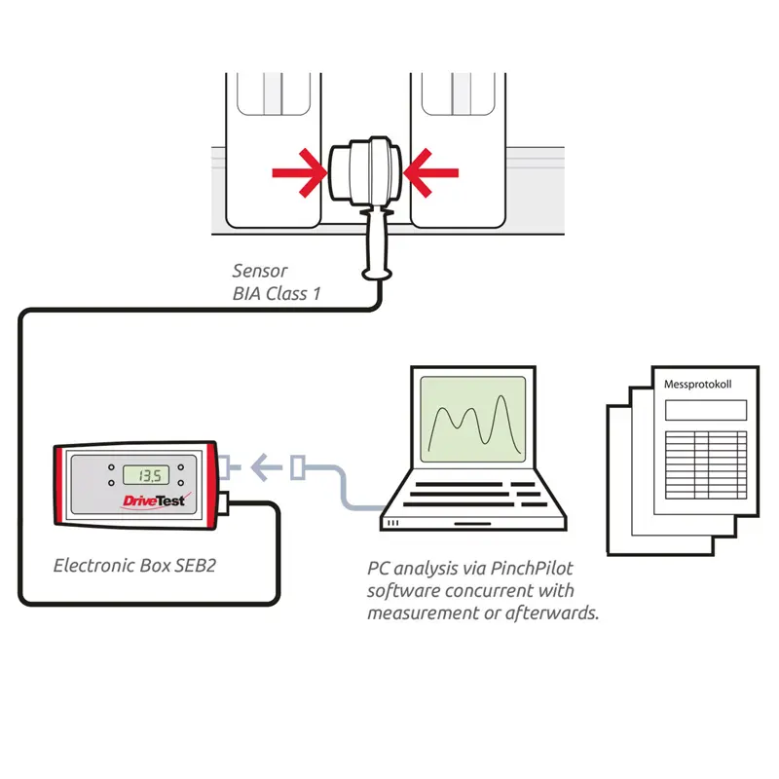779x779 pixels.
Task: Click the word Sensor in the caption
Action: (x=260, y=271)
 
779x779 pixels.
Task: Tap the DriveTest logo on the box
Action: (x=153, y=501)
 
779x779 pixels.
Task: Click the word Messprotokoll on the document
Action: (x=697, y=385)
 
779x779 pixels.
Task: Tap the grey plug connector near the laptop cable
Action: (x=301, y=469)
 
